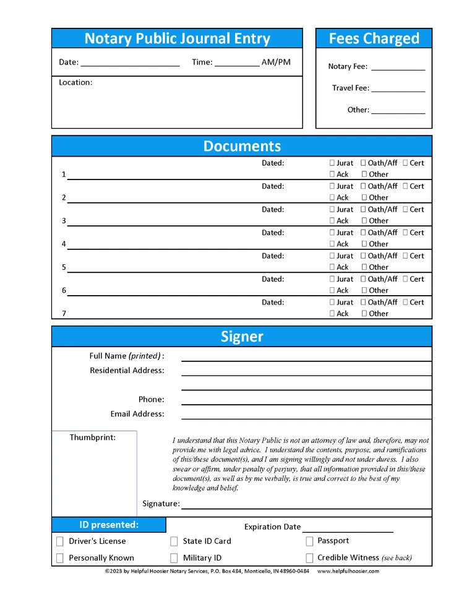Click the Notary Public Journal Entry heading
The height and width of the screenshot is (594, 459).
(177, 38)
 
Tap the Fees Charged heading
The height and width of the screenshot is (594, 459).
(374, 38)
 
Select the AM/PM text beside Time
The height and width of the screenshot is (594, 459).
(276, 62)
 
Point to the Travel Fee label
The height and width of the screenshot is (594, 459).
(350, 88)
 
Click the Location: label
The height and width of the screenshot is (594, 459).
(75, 82)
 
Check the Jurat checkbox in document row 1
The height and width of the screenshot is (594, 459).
(332, 163)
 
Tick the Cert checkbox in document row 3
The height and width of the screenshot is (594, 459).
(405, 210)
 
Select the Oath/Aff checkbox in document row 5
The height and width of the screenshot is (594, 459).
(364, 256)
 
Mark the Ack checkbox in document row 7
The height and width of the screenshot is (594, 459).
(332, 314)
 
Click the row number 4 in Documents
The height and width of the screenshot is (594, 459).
(64, 244)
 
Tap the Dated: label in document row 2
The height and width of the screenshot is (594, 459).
(273, 186)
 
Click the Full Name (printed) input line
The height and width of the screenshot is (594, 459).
(306, 358)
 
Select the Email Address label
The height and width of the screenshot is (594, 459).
(137, 414)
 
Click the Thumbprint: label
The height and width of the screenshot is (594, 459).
(92, 437)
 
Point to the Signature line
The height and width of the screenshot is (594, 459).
(306, 506)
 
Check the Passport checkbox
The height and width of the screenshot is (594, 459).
(309, 541)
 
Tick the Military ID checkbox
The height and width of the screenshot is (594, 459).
(174, 558)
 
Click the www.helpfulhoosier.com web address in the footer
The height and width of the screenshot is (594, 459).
(348, 572)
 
